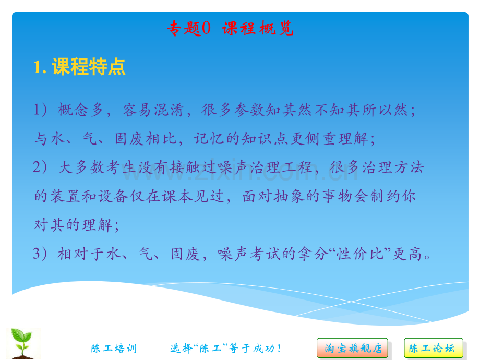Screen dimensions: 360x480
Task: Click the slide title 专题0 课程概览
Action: click(230, 29)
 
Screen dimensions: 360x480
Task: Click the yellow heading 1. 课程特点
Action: click(79, 67)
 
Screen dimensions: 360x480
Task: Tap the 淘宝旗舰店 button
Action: click(353, 348)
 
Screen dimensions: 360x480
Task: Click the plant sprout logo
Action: click(23, 343)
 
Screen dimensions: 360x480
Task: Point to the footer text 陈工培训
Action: click(113, 349)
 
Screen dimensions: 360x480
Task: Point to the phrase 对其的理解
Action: click(73, 225)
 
